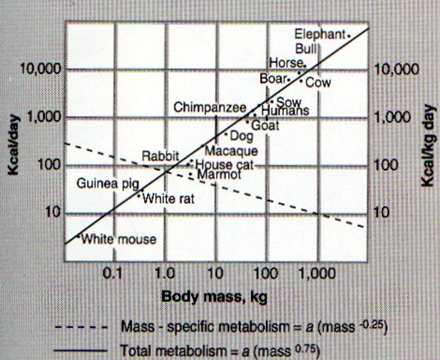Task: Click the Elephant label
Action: (x=320, y=34)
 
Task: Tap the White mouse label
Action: (x=118, y=239)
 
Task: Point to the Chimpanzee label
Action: (x=210, y=108)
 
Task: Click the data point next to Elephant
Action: (x=349, y=34)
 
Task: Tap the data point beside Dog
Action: (x=226, y=134)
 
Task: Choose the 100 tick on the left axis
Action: (x=47, y=165)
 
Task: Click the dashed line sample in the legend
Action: (x=81, y=327)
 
